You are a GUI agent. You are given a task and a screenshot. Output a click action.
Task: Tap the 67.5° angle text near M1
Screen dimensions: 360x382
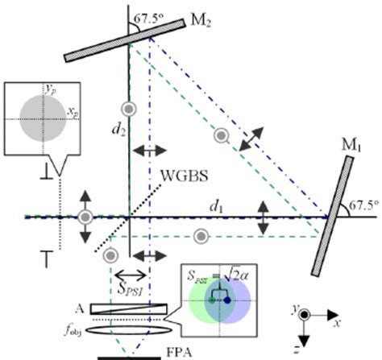pos(363,207)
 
